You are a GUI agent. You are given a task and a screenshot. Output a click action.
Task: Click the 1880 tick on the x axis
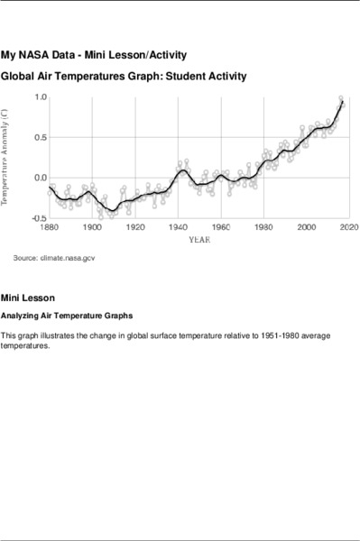tap(51, 227)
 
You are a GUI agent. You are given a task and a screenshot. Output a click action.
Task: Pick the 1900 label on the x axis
tap(93, 227)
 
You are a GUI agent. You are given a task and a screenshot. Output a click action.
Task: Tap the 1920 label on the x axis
tap(135, 227)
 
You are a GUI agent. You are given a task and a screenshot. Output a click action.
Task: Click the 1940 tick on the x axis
tap(178, 227)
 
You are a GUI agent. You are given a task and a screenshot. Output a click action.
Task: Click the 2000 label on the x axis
tap(306, 227)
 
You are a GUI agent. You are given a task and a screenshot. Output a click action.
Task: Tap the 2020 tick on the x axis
tap(347, 227)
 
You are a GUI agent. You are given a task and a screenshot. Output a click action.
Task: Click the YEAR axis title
tap(199, 240)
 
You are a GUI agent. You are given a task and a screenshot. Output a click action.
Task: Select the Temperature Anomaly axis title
tap(7, 157)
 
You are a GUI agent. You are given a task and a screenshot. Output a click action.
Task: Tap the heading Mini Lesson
tap(28, 298)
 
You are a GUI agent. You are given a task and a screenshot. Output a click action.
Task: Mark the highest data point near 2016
tap(340, 97)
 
